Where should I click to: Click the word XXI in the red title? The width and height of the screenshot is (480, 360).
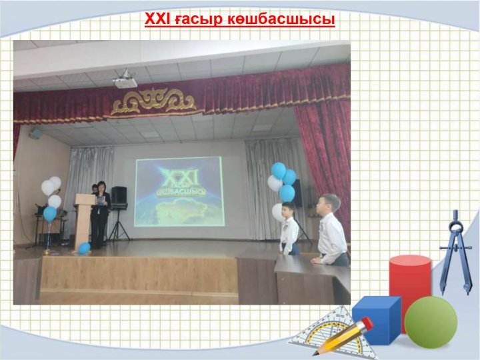point(157,19)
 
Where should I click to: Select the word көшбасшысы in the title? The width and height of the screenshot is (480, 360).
point(281,19)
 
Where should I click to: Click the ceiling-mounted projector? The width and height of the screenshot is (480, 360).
point(125,79)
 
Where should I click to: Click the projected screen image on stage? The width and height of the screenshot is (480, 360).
point(179,191)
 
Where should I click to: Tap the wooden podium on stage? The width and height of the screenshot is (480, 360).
point(83,221)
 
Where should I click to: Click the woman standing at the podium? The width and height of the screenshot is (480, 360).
point(100,215)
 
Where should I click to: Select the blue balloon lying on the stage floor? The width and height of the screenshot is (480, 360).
point(84,248)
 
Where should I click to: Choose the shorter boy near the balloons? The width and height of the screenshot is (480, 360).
point(289,228)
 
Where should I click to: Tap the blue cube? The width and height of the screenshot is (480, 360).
point(377,319)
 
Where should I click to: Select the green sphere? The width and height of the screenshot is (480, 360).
point(431,323)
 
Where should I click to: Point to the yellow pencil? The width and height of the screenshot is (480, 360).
point(342,337)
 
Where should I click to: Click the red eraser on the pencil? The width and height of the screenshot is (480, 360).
point(367,323)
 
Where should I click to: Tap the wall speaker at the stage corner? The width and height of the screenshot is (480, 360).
point(36,133)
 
